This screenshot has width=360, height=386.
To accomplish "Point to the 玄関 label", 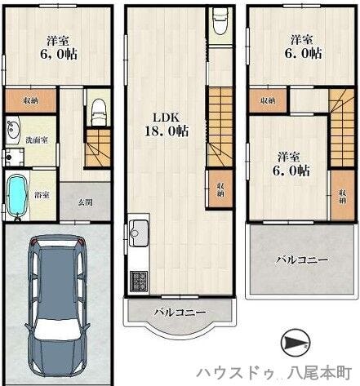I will tap(86, 202).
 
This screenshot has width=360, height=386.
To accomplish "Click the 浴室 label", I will tap(42, 194).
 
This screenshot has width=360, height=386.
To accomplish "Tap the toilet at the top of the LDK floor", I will tap(219, 22).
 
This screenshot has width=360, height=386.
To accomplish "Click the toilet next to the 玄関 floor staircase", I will tap(97, 110).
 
